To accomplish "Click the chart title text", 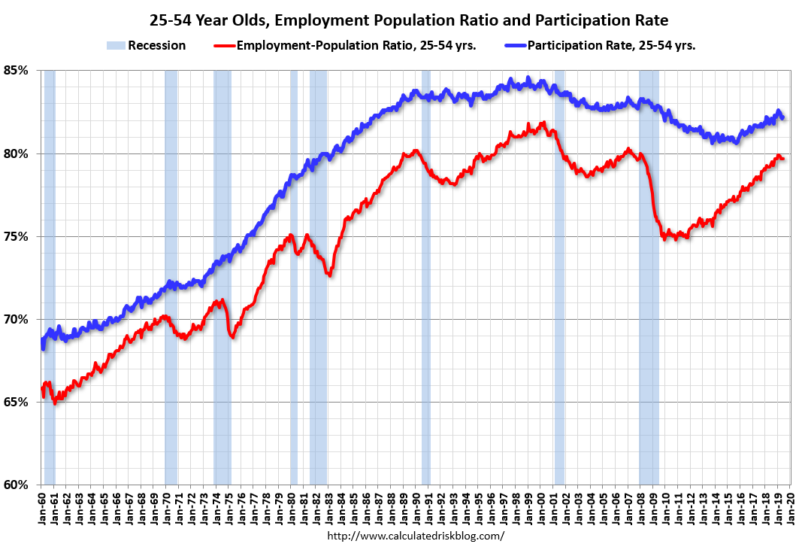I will pos(399,20).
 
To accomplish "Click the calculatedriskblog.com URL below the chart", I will pos(416,536).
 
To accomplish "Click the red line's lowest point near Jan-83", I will pos(329,275).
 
